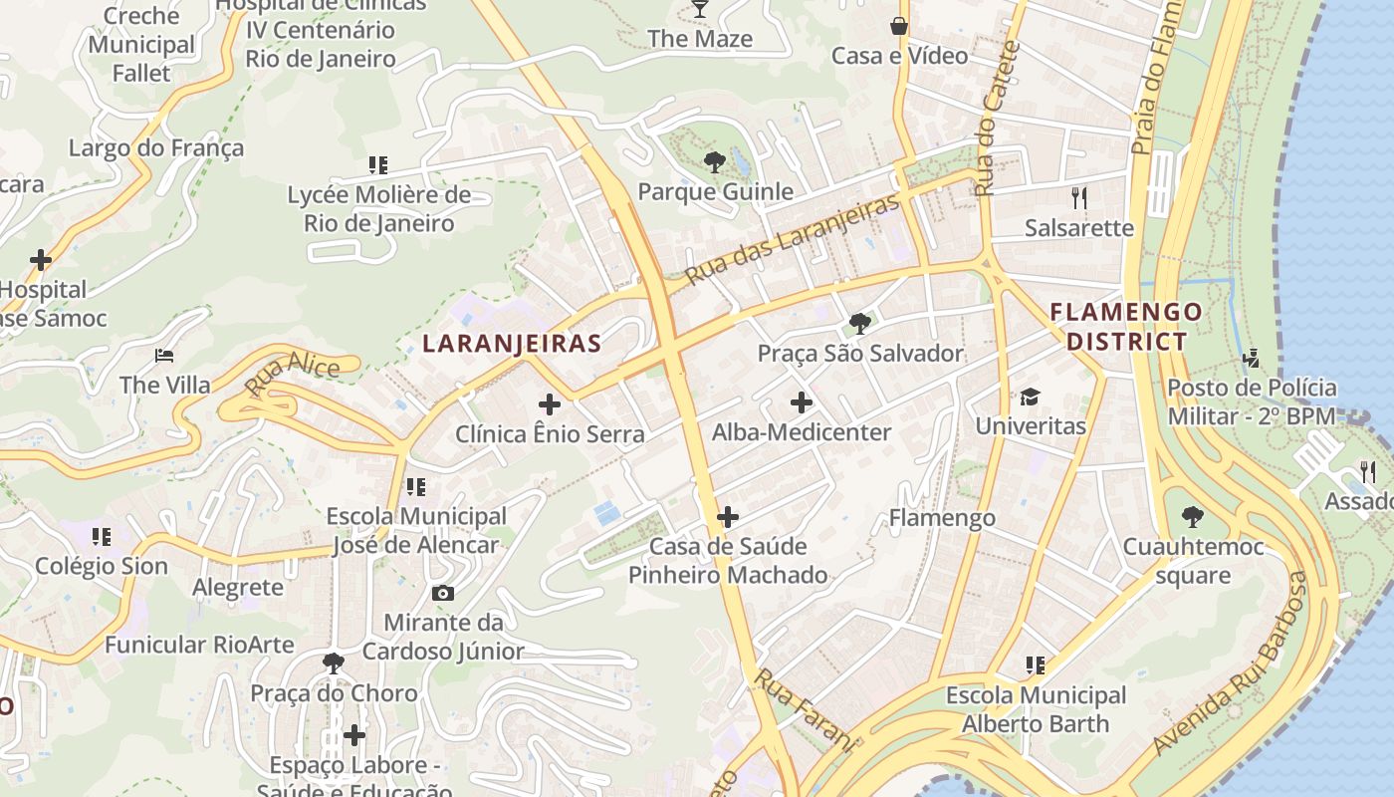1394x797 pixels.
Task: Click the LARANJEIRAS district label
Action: click(512, 344)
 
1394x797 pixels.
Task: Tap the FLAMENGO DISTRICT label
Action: click(1126, 327)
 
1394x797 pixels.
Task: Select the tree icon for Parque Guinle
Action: click(714, 161)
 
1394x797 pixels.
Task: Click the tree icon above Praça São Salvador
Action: click(859, 324)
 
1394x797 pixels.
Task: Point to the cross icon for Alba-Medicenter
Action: click(802, 402)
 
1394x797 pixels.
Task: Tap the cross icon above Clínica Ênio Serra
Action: click(549, 404)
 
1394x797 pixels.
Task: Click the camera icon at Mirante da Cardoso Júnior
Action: click(443, 593)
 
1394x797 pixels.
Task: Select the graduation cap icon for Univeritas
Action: click(1030, 397)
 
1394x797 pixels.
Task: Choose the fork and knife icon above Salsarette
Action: click(1078, 197)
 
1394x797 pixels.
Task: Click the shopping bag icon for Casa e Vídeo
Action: click(899, 26)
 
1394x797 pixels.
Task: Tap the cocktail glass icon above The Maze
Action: click(700, 9)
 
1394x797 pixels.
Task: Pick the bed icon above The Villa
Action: click(164, 356)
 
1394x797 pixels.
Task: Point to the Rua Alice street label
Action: click(292, 376)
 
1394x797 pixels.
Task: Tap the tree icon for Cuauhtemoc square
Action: click(1192, 517)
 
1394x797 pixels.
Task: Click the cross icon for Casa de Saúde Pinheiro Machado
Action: click(728, 517)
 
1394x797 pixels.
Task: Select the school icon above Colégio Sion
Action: click(101, 537)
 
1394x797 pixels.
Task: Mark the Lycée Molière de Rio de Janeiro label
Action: click(378, 208)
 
